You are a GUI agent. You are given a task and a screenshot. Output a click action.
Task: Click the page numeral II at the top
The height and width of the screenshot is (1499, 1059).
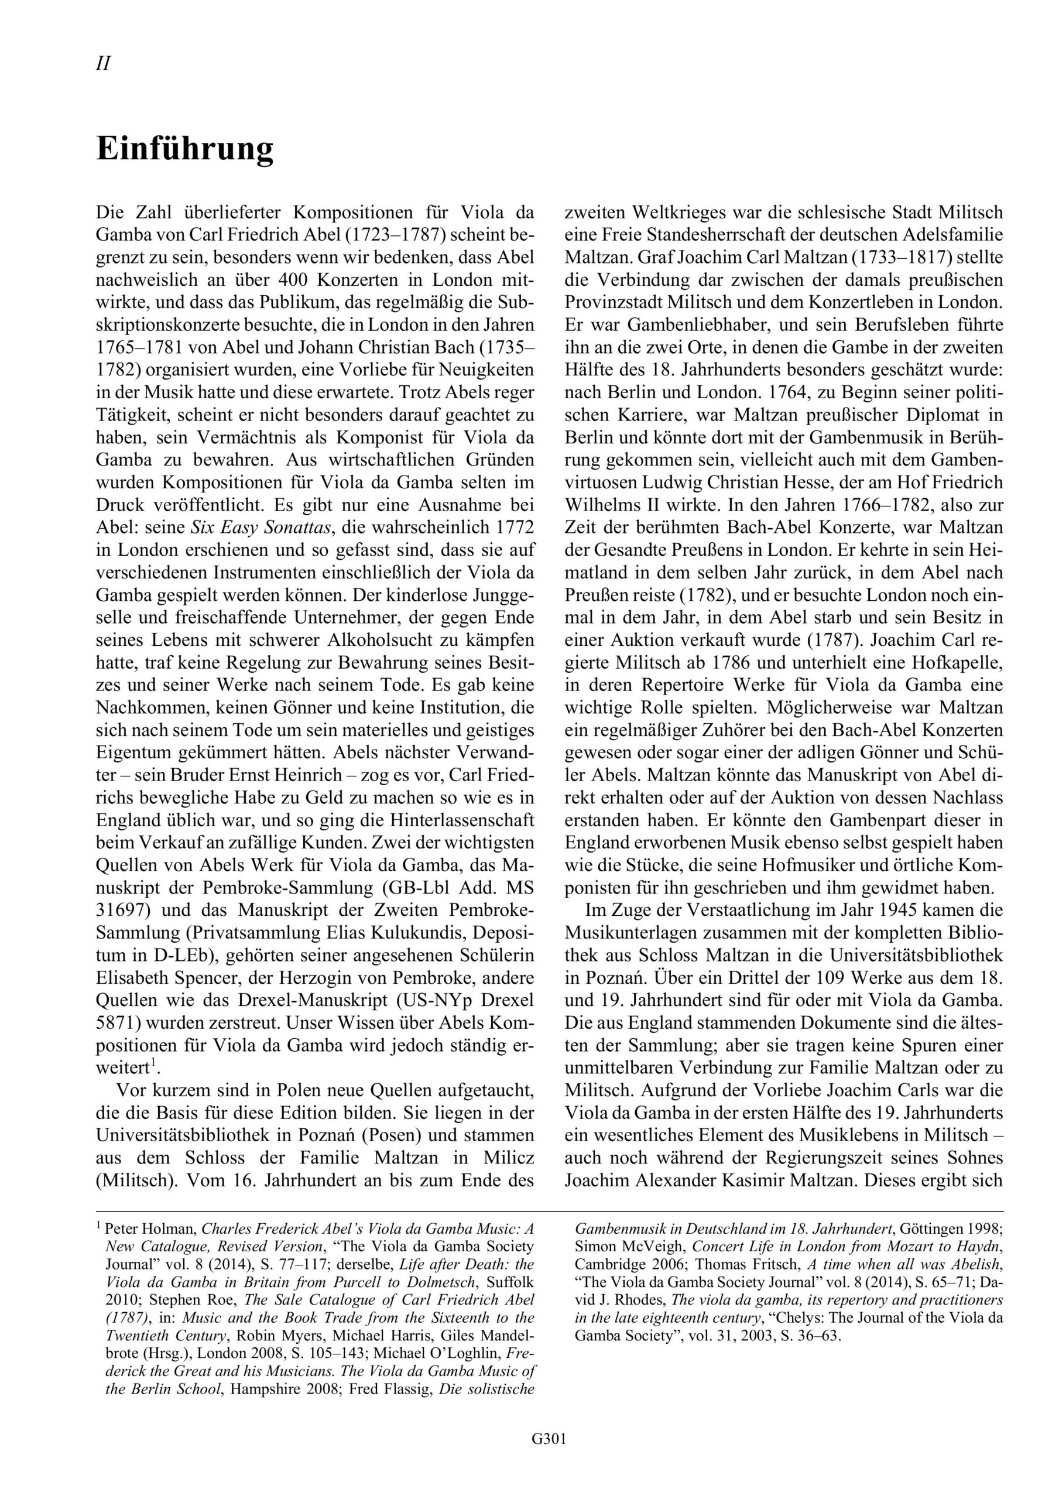[x=103, y=64]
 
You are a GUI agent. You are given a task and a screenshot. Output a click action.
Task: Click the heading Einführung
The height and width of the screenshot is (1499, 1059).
[x=185, y=149]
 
